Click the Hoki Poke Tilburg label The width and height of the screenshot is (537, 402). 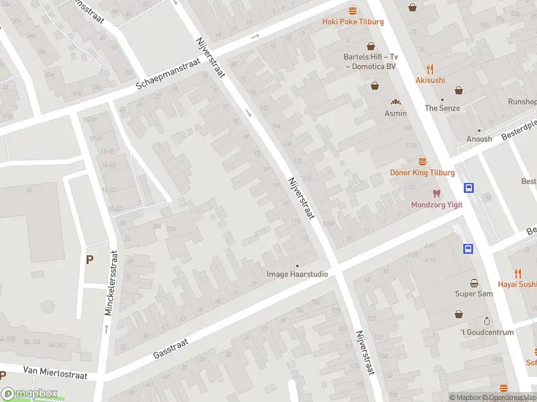coord(353,22)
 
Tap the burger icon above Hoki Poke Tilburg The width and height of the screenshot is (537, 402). coord(353,10)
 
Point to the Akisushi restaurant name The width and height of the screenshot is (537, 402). coord(430,80)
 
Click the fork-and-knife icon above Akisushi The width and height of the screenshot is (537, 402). coord(430,68)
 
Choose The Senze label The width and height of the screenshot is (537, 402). coord(442,108)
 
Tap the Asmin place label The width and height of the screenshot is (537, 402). coord(395,113)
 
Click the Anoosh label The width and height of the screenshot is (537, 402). coord(479,139)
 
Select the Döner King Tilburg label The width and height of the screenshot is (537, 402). coord(422,173)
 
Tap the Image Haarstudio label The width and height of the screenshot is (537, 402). coord(297,274)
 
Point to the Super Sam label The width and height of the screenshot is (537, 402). coord(474,294)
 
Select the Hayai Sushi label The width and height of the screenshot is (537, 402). coord(518,284)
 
